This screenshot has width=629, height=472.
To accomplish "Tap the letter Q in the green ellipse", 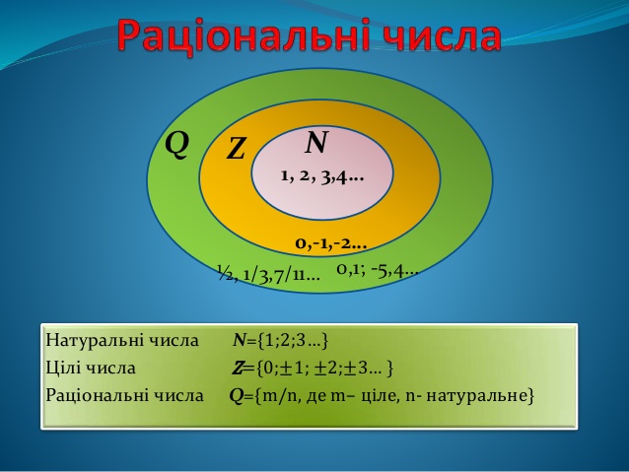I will coord(176,144).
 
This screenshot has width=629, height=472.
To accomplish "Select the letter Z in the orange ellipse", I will coord(236,150).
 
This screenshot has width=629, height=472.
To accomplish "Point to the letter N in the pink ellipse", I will coord(315,144).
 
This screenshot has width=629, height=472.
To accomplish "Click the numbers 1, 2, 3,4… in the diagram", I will coord(321,177).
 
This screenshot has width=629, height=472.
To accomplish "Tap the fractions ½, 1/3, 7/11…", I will coord(268,273).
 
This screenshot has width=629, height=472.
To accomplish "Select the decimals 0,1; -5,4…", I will coord(377,269).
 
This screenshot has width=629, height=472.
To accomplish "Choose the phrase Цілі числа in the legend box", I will coord(91,369).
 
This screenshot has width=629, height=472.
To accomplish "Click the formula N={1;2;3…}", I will coord(280,341).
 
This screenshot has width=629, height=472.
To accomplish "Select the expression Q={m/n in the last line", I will coord(258,396).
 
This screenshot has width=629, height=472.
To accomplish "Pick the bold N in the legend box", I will coord(239,341).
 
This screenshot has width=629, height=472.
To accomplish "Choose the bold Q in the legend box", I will coord(236,396).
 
